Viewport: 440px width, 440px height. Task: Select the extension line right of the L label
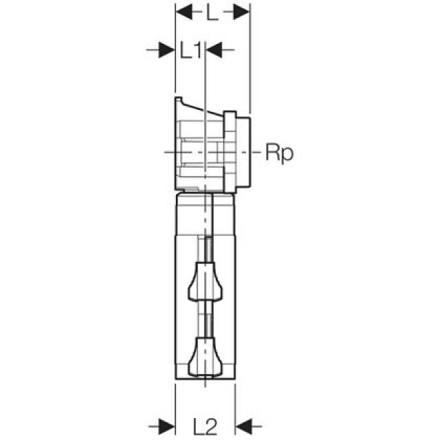[250, 62]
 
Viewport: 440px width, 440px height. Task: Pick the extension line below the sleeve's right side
[235, 406]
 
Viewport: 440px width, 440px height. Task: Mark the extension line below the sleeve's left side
[175, 406]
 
